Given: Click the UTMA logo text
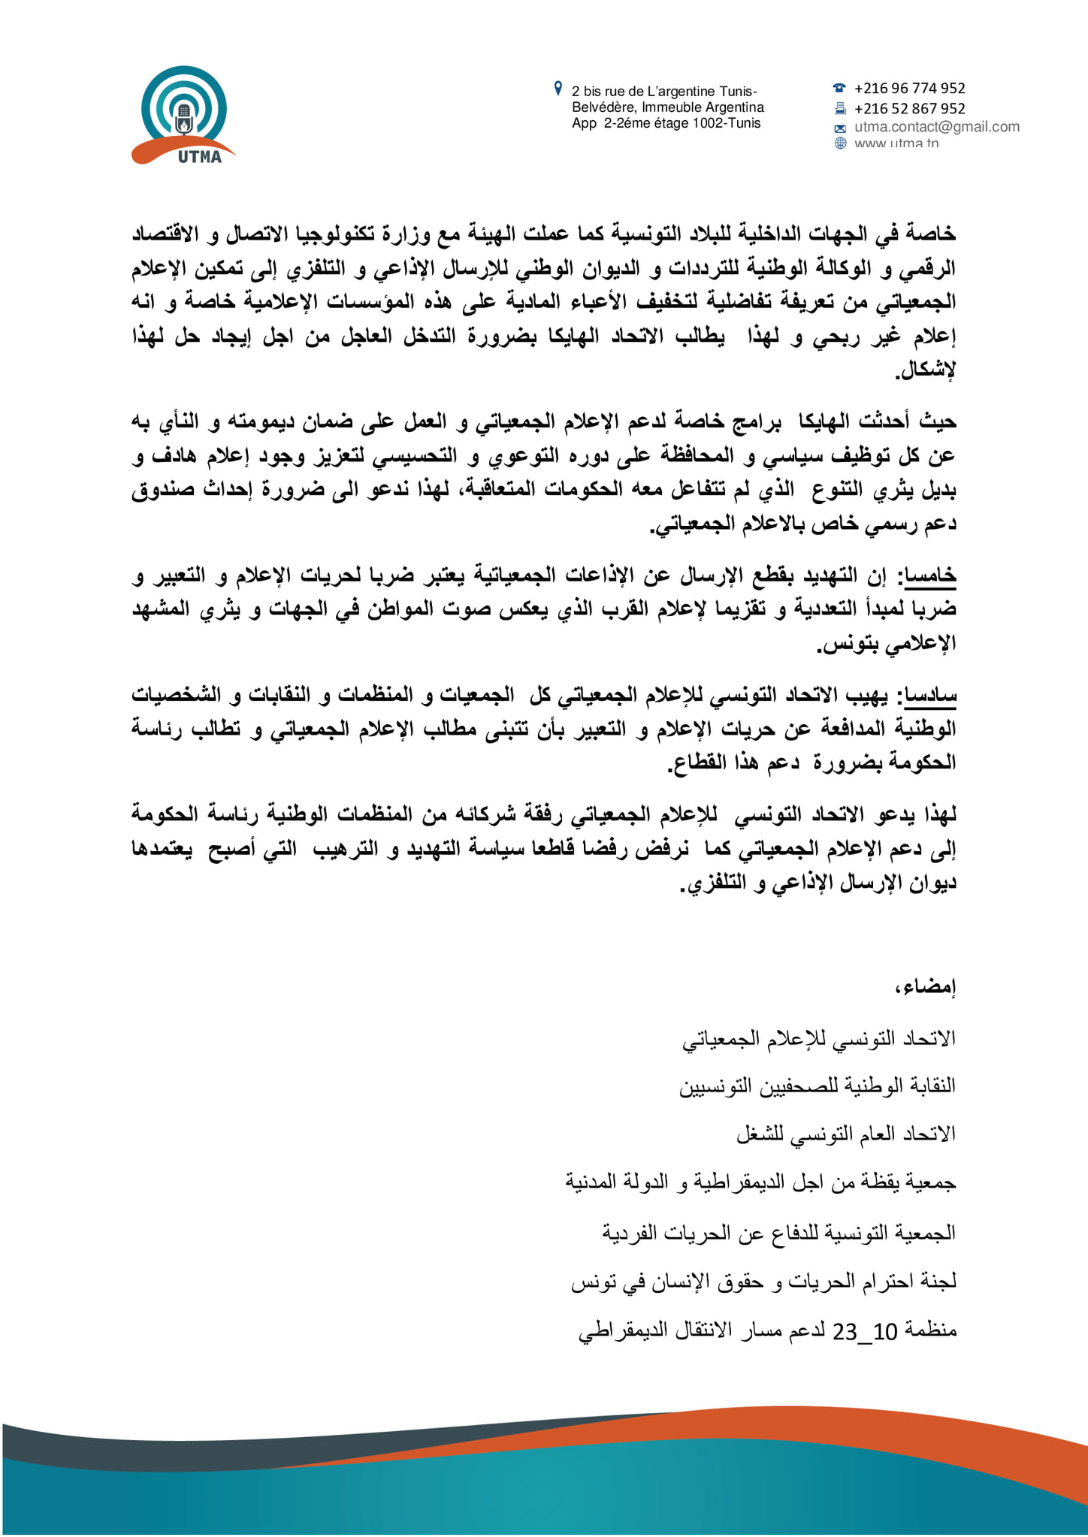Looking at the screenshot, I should click(x=200, y=157).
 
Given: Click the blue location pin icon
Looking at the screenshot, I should click(x=558, y=89).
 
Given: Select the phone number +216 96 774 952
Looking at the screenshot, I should click(x=909, y=89).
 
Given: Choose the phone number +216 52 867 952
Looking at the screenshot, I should click(x=909, y=109).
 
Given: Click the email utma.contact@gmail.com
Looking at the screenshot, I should click(x=936, y=126).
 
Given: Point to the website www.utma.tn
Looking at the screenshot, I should click(x=896, y=143).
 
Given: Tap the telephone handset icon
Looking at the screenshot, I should click(x=840, y=89).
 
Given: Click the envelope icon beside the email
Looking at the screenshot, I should click(x=840, y=128).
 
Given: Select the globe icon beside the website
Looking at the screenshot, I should click(x=840, y=143).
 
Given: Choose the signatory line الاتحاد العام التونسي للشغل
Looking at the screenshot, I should click(x=845, y=1134).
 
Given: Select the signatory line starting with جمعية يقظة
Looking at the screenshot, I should click(x=760, y=1183).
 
